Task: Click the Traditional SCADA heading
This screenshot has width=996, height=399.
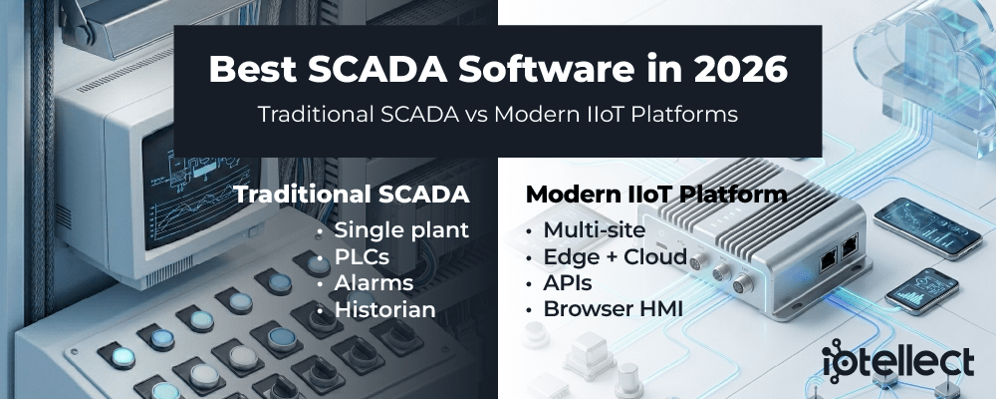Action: tap(352, 195)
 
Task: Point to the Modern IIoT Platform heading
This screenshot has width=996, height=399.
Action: tap(656, 195)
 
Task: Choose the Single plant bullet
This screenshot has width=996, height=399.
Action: tap(401, 229)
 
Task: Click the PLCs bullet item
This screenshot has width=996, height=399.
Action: tap(363, 256)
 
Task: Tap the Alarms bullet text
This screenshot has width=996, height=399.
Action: tap(374, 282)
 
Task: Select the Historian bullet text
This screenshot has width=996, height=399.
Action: tap(384, 309)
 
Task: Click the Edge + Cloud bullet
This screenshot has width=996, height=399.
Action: tap(615, 256)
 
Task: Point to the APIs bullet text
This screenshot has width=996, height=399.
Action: tap(568, 282)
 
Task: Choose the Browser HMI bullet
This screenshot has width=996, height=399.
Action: tap(613, 309)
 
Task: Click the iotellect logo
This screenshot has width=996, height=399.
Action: tap(897, 361)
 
